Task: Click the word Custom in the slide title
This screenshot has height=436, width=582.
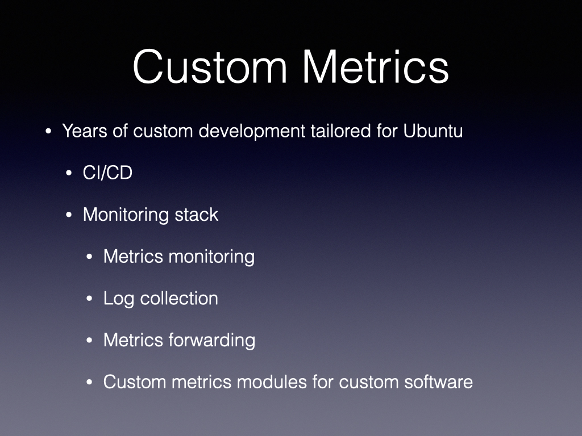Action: click(x=210, y=67)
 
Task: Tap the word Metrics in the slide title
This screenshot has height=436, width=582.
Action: click(x=376, y=67)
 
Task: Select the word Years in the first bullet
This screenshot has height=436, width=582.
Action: click(x=85, y=131)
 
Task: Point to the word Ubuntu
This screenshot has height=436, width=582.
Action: click(x=433, y=131)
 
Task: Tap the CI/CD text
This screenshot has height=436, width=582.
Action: click(x=107, y=173)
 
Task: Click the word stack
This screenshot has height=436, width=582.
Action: click(x=196, y=215)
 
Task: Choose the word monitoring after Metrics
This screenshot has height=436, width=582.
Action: click(x=211, y=257)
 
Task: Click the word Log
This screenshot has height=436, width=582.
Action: click(x=119, y=299)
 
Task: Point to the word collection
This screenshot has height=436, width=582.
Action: click(x=179, y=299)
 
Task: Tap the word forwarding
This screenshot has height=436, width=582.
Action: click(x=212, y=341)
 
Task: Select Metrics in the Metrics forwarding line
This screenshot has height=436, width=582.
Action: click(x=133, y=341)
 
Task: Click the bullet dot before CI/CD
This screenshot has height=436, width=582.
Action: click(x=69, y=173)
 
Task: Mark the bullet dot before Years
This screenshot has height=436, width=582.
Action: click(x=48, y=131)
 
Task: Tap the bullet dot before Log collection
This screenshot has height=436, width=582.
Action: click(x=89, y=299)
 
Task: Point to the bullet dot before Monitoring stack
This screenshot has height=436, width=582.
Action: click(x=69, y=215)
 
